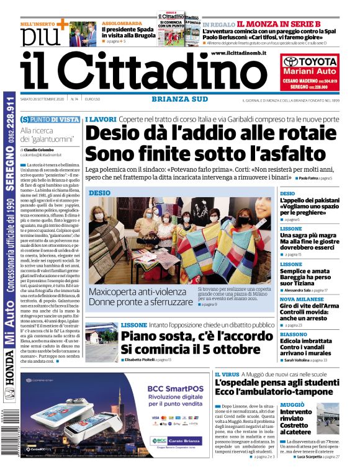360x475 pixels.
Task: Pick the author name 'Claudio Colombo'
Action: click(x=42, y=149)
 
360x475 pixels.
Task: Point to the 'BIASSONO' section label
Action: click(x=294, y=334)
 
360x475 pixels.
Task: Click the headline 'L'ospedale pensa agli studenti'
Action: click(x=277, y=383)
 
